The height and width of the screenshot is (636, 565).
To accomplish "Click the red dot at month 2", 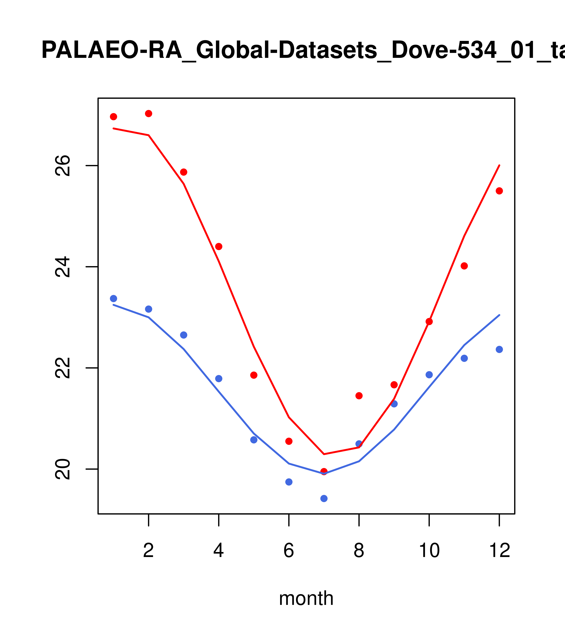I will click(x=149, y=114).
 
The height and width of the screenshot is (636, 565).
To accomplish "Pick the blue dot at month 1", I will click(x=113, y=299).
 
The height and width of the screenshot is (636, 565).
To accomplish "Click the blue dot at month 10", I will click(x=429, y=375).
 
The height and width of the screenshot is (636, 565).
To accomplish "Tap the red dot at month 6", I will click(x=289, y=441).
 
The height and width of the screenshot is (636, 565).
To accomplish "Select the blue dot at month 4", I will click(x=219, y=379).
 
